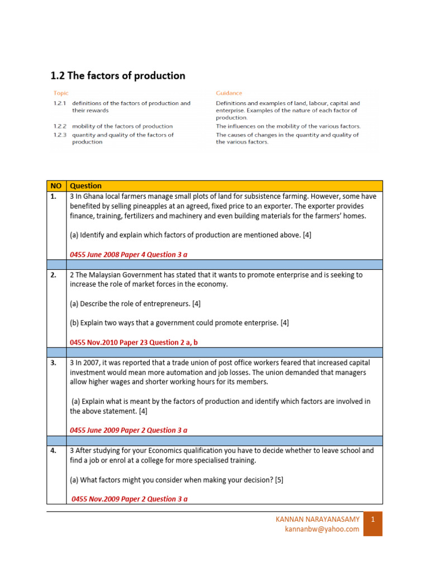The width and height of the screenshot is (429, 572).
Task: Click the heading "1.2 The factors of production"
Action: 118,75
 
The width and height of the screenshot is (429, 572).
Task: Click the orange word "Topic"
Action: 61,93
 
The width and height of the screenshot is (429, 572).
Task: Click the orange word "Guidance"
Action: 229,93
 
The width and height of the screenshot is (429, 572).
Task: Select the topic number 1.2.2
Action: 60,126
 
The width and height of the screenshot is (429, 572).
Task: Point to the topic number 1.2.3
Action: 60,135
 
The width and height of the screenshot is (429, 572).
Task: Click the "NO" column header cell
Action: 56,185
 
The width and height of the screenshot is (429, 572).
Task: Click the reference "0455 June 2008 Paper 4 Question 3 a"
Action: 128,254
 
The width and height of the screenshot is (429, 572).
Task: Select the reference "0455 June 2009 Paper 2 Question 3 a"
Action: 128,430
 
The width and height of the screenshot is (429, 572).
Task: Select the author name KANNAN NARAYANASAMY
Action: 318,519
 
